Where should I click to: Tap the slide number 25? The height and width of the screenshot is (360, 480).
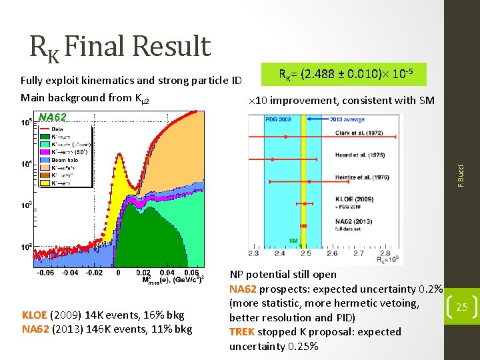(461, 307)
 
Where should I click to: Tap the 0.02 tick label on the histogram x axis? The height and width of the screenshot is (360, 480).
(142, 272)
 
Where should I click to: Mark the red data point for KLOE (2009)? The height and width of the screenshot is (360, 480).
(305, 203)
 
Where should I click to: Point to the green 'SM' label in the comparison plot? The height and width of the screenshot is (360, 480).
(293, 240)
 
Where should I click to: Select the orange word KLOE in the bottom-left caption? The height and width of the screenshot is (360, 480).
(34, 315)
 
